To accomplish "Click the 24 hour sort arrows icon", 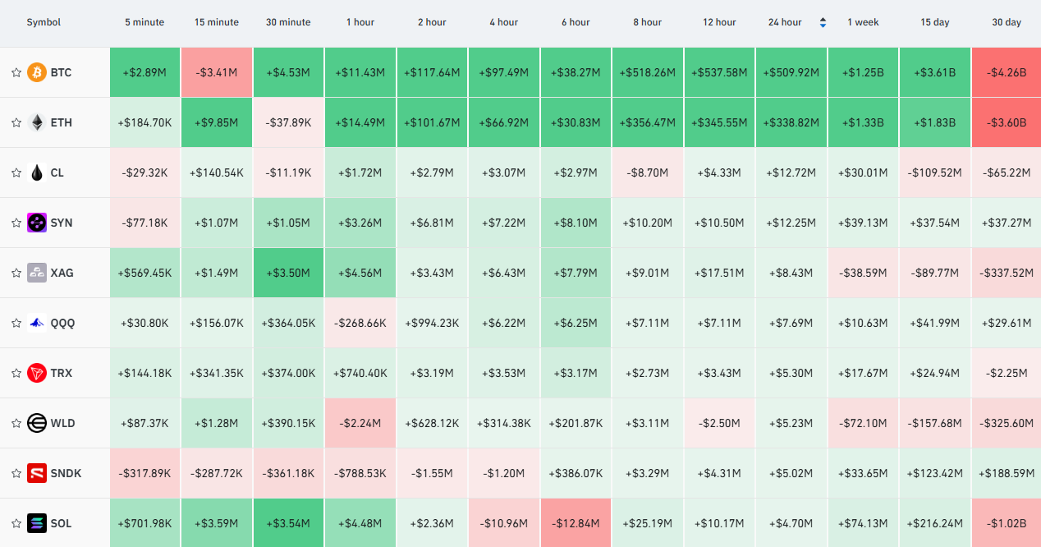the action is coord(823,22).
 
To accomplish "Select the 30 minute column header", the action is coord(288,22).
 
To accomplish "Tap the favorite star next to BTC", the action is coord(16,72).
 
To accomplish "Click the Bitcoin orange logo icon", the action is coord(37,72).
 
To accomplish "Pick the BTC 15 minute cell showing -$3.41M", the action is coord(217,72).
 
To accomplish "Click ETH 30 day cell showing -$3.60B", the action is coord(1007,122).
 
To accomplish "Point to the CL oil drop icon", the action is coord(37,172).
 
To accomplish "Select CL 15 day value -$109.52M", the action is coord(934,172).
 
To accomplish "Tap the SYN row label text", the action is coord(62,223).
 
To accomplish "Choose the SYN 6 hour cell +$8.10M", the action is coord(576,223).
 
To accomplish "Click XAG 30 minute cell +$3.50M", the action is coord(288,273).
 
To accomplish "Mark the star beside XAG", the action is coord(16,273).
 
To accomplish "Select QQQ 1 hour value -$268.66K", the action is coord(360,323).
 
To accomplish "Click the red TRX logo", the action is coord(37,373).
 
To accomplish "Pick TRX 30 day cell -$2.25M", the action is coord(1007,373).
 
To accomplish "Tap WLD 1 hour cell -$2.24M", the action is coord(360,423).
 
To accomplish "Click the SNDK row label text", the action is coord(66,474).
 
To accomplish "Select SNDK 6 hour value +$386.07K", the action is coord(576,474).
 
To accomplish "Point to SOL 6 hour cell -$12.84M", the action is coord(576,523).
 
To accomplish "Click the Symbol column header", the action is coord(44,22).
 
